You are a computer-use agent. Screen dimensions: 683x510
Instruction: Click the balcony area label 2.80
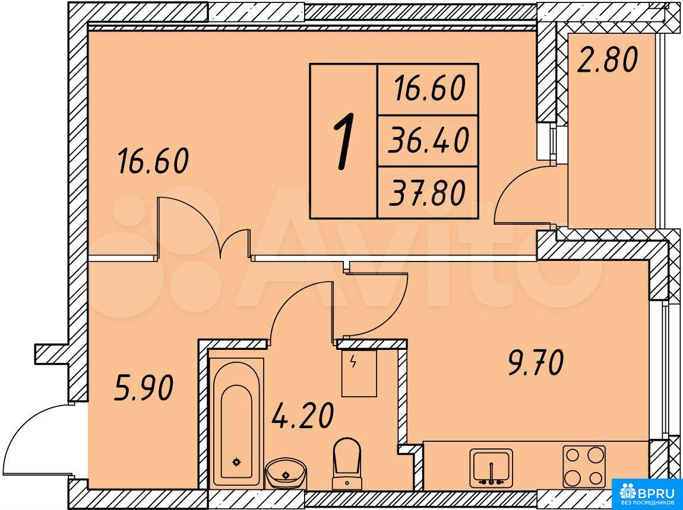(x=607, y=60)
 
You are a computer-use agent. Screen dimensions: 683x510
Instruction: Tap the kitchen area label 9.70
(x=536, y=363)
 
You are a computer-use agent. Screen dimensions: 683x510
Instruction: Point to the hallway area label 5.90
(x=144, y=388)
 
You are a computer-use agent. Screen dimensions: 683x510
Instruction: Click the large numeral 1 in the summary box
(x=344, y=141)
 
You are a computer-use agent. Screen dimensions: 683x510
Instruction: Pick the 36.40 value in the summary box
(x=428, y=141)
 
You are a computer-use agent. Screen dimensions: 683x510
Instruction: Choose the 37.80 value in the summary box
(x=427, y=193)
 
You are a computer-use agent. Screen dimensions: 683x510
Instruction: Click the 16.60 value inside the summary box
(x=429, y=88)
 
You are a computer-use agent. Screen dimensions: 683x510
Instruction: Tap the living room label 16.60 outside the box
(x=153, y=161)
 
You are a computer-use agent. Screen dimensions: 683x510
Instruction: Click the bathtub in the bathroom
(x=236, y=423)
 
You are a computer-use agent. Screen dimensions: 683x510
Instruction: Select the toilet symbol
(x=347, y=464)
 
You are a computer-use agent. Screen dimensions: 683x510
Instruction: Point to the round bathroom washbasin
(x=285, y=473)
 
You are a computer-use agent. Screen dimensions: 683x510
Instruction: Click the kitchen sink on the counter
(x=491, y=468)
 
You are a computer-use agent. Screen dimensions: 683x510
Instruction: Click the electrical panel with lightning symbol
(x=359, y=373)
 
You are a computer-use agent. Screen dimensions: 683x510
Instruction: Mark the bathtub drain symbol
(x=236, y=462)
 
